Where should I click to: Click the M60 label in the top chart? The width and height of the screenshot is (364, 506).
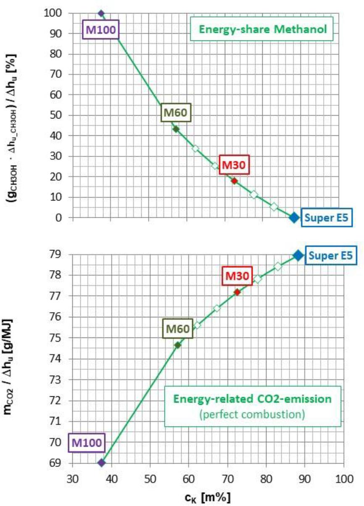176,113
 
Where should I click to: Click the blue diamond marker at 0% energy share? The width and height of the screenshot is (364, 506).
294,217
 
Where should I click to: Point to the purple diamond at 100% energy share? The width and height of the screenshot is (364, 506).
101,13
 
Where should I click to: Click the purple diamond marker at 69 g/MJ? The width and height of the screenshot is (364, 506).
101,462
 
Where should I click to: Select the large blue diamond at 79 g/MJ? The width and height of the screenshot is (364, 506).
298,255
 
